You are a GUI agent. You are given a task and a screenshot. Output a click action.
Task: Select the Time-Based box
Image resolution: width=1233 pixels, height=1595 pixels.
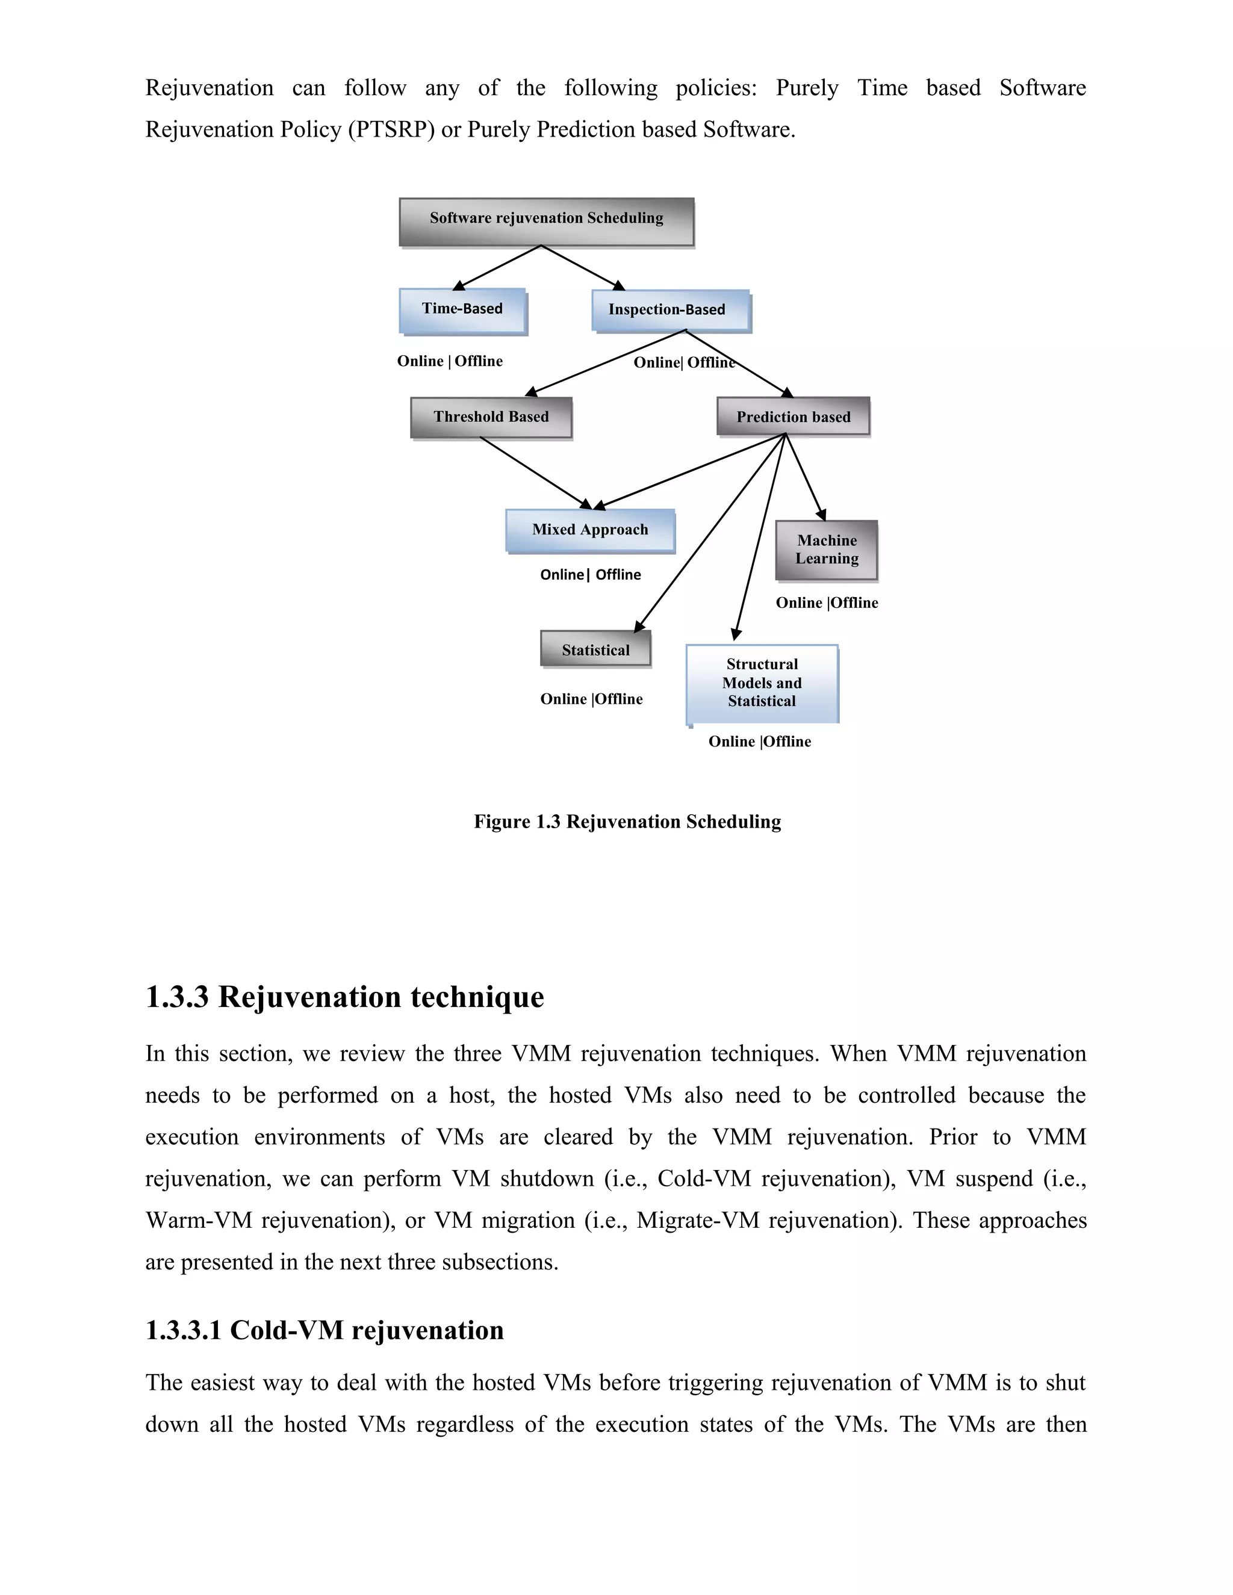(462, 311)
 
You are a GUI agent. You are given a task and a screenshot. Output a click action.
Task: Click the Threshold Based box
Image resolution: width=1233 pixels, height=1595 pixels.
(490, 417)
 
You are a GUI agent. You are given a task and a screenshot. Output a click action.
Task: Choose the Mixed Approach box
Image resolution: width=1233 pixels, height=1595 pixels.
(589, 530)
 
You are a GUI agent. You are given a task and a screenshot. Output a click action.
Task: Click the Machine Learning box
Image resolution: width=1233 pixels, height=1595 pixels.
(826, 550)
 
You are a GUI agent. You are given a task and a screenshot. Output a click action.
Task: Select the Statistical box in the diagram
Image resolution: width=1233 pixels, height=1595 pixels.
(595, 649)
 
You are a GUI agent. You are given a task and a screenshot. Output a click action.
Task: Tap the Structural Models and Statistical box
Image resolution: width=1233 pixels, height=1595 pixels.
(761, 683)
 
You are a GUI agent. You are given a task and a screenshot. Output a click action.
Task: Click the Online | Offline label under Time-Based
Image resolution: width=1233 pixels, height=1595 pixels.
(449, 362)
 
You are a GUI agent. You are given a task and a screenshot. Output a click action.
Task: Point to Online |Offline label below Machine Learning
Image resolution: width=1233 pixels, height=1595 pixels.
(826, 603)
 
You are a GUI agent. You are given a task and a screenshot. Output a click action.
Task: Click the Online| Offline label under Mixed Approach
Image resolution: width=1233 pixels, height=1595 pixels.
(590, 575)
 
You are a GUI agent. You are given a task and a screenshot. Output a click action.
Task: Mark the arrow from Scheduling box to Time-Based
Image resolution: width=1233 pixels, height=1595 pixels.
(498, 267)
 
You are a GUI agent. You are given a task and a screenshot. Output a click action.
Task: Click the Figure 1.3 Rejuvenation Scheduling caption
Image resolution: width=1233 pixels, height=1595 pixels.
(627, 822)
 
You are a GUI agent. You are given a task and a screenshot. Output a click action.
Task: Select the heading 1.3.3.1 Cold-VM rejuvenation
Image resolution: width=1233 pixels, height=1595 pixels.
(325, 1331)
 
